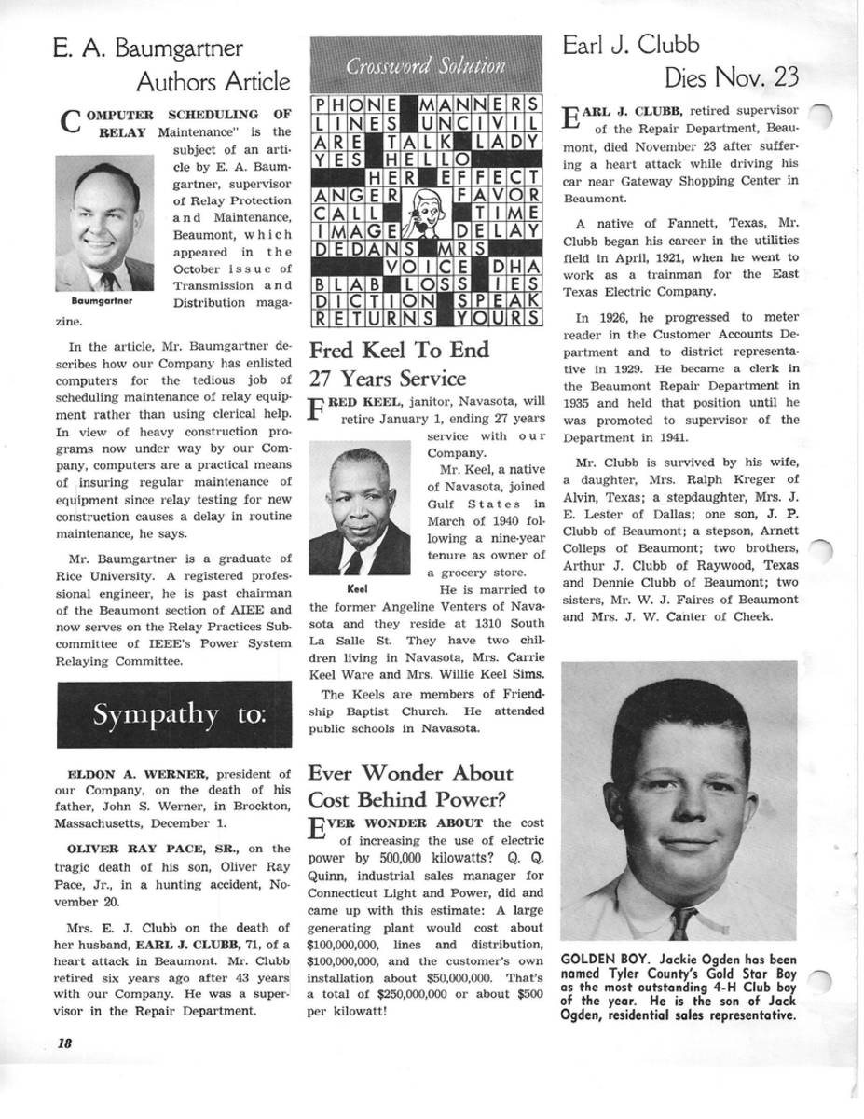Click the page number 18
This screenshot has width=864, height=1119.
click(64, 1043)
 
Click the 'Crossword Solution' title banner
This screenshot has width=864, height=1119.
click(426, 65)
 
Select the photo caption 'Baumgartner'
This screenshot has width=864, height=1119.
click(103, 302)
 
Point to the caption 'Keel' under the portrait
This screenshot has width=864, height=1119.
click(357, 589)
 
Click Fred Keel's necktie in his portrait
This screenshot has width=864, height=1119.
click(355, 561)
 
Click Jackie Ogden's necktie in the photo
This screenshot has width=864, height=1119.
click(683, 922)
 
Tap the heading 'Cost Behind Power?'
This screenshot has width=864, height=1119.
click(408, 800)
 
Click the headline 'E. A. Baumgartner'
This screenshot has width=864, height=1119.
click(148, 48)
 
